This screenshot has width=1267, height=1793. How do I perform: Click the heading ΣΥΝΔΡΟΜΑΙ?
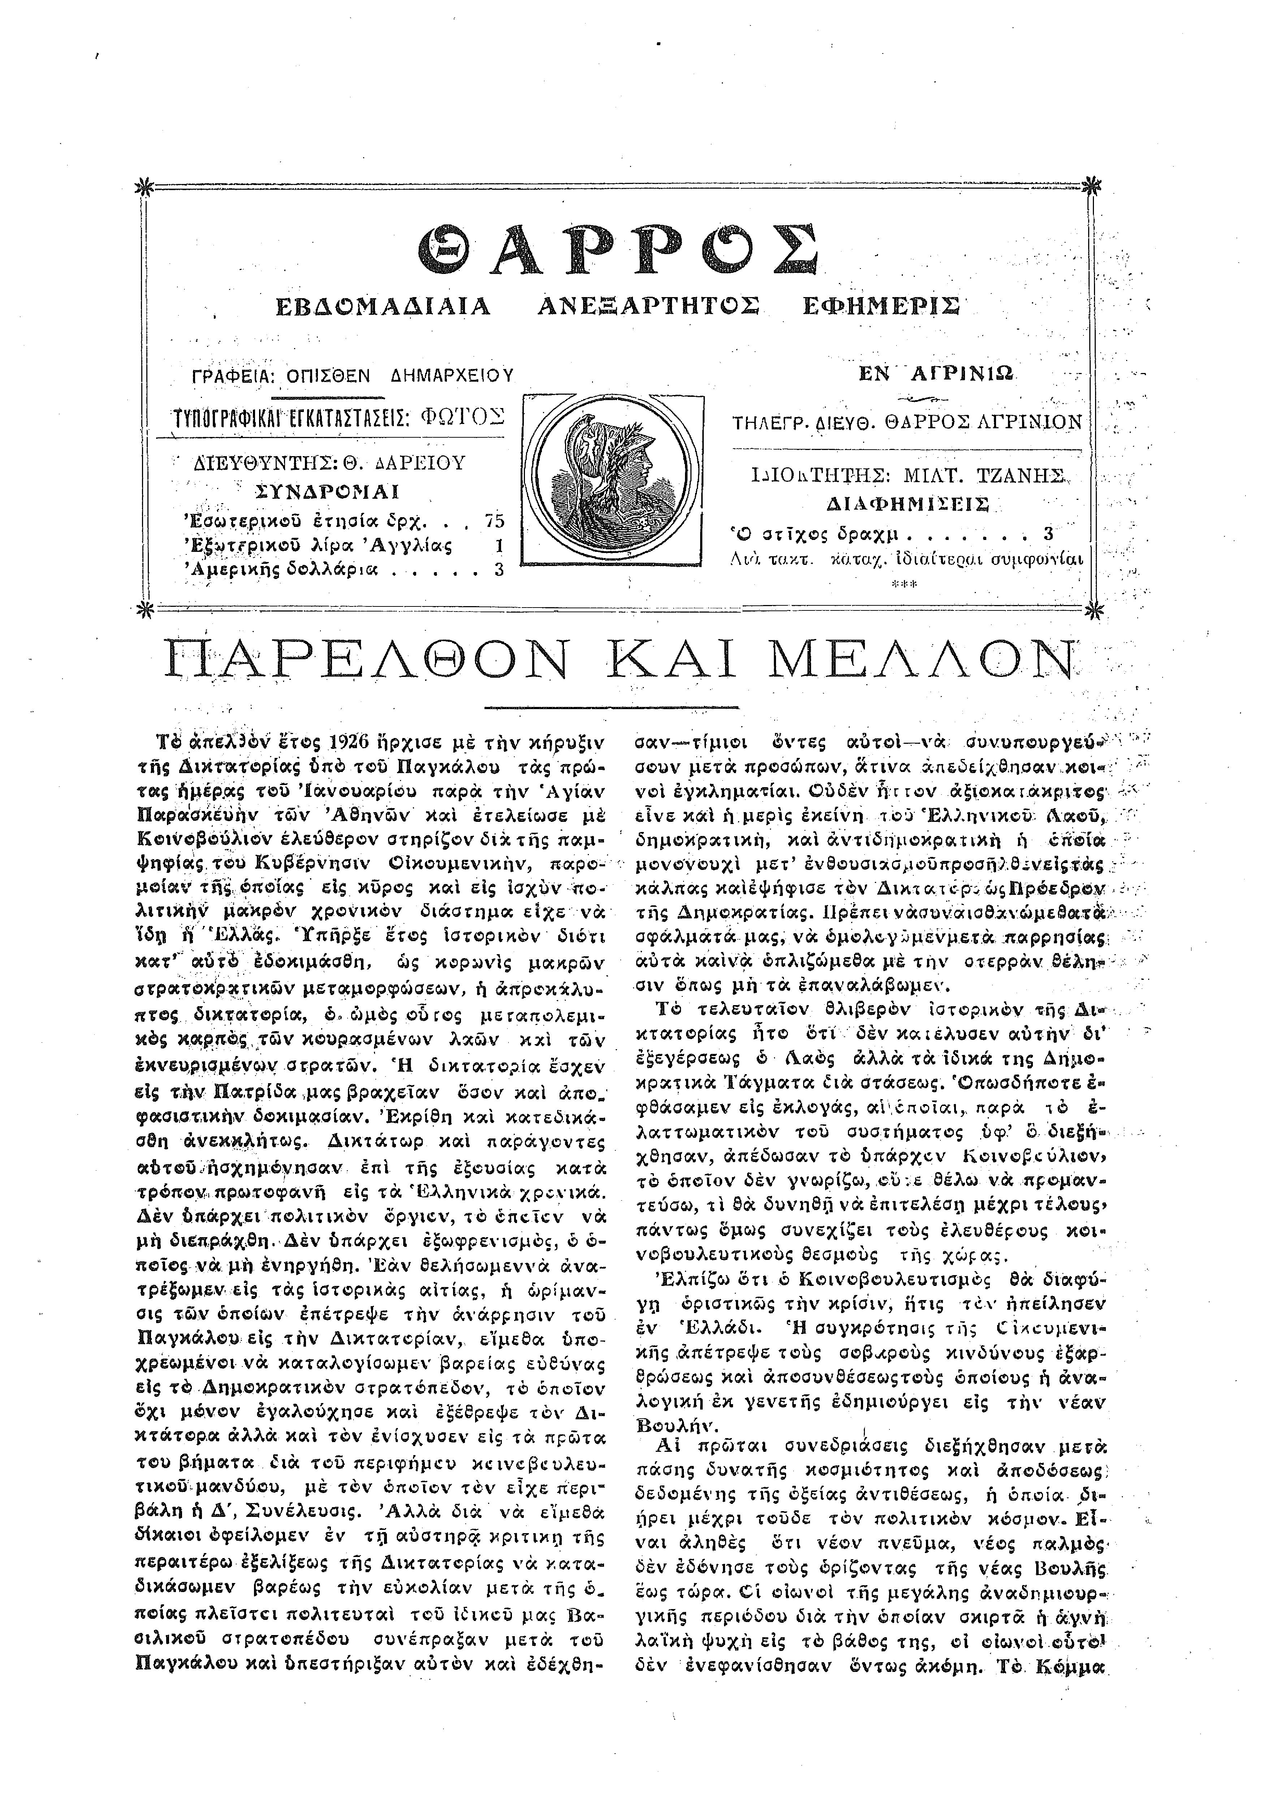[x=328, y=492]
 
